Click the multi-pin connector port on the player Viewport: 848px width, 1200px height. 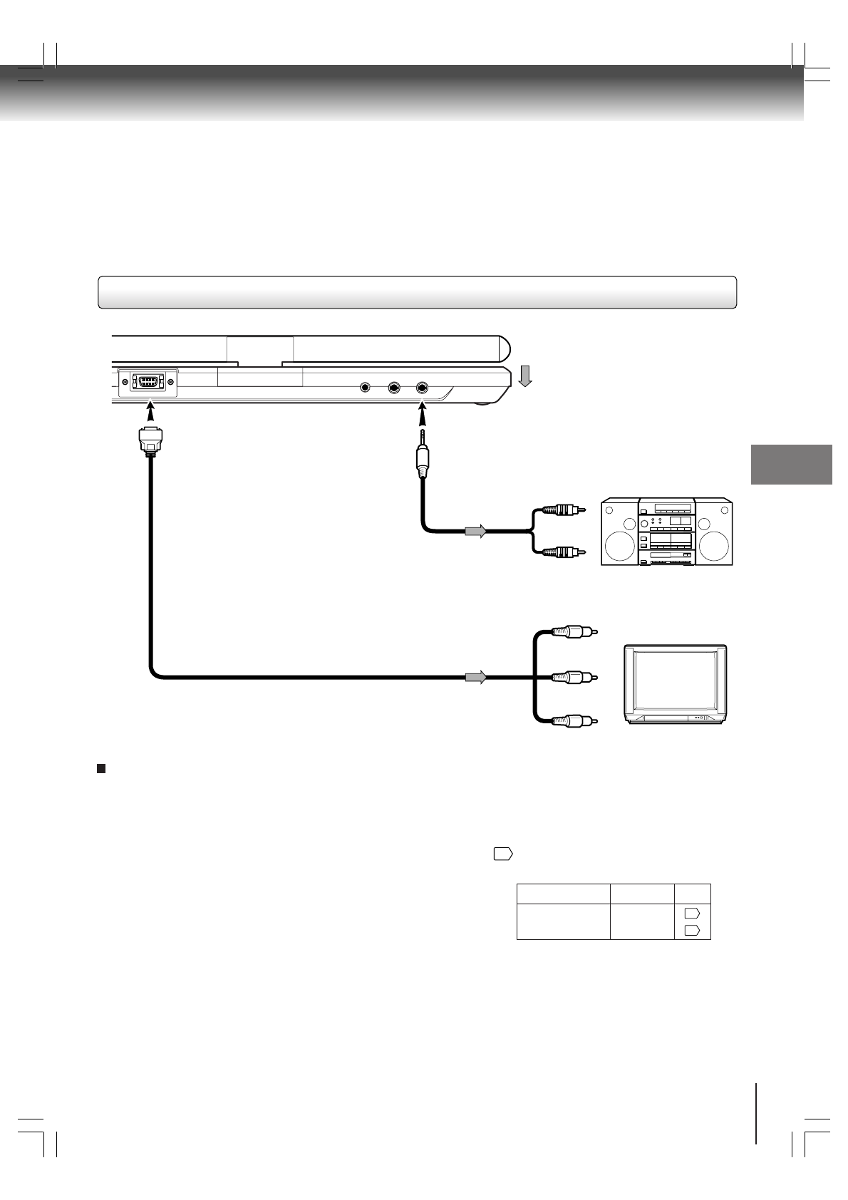click(x=148, y=382)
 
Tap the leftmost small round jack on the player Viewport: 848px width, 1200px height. click(x=366, y=388)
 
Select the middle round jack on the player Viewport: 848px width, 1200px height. click(x=394, y=388)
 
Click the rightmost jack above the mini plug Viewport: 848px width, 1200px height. click(x=422, y=388)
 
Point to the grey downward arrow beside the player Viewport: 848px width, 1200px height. click(x=525, y=376)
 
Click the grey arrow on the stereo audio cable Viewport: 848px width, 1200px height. click(x=475, y=531)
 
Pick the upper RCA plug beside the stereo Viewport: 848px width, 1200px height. click(x=563, y=510)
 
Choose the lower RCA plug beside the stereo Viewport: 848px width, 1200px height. click(x=563, y=552)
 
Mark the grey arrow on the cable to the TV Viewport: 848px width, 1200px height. click(x=475, y=677)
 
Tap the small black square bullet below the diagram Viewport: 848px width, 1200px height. click(x=101, y=768)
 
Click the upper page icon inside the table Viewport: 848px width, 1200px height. click(x=692, y=913)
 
